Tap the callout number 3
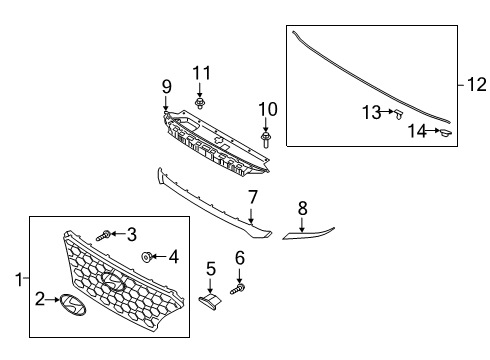(x=131, y=234)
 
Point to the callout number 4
(x=173, y=256)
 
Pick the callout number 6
(x=240, y=259)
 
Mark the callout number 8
(x=302, y=207)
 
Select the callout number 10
(x=266, y=108)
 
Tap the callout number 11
(x=203, y=72)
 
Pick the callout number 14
(x=416, y=130)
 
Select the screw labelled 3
(x=103, y=235)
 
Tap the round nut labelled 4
(x=147, y=257)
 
